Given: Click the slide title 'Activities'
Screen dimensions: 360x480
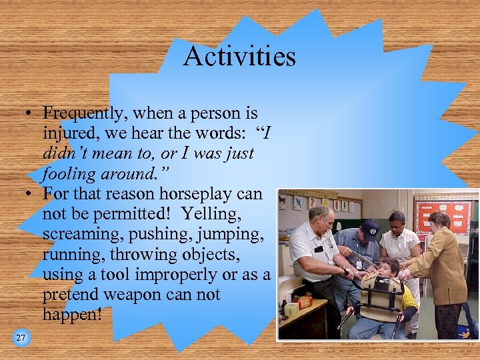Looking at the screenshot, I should (x=239, y=56).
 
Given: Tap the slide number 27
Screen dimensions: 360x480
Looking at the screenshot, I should (x=21, y=338).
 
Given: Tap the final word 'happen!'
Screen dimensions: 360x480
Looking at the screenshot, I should (x=72, y=314).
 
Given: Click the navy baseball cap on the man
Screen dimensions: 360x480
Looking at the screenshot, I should (x=370, y=226).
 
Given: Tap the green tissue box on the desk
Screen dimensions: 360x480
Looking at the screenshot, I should (x=291, y=309).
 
